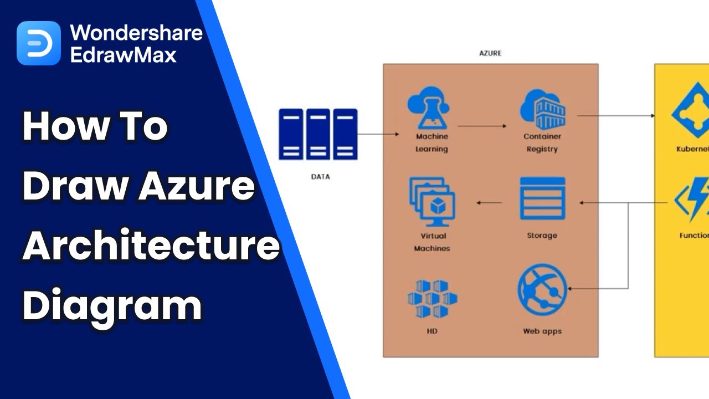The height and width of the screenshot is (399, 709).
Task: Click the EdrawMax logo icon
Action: [38, 43]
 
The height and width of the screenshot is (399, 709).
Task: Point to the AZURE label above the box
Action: [490, 53]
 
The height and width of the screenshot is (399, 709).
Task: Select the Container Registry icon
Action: [542, 109]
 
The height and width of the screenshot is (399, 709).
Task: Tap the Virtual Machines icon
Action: [431, 202]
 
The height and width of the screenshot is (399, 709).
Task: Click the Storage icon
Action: [542, 198]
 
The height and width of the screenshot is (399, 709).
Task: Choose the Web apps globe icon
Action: [542, 290]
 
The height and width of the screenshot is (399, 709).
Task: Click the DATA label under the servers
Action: [320, 177]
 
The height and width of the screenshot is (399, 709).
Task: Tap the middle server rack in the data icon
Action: [318, 134]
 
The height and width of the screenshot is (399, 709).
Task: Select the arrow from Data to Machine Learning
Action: [378, 134]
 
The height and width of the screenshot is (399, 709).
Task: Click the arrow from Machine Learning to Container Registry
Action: [482, 126]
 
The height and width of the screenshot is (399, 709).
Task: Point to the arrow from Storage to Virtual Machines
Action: [489, 203]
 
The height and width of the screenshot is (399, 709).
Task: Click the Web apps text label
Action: [542, 331]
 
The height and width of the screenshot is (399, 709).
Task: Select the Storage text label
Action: [542, 236]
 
